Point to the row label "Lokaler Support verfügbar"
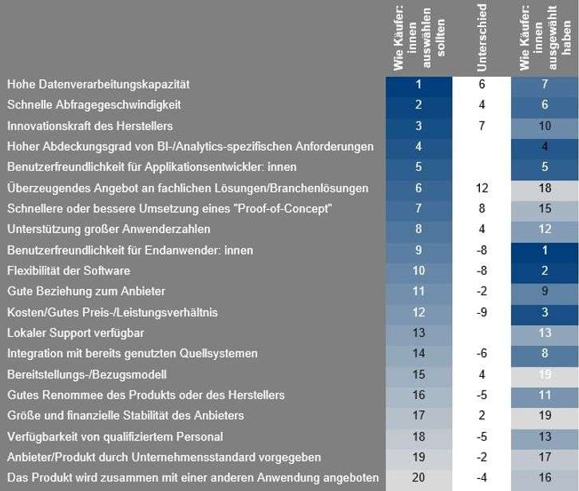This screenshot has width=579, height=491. tap(76, 333)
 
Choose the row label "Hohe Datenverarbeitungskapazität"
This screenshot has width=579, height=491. tap(98, 84)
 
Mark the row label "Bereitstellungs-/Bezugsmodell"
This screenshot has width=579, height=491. tap(89, 374)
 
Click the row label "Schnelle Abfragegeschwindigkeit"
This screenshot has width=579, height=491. tap(94, 105)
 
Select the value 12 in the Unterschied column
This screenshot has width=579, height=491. tap(482, 188)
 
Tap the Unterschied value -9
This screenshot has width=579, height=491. tap(482, 312)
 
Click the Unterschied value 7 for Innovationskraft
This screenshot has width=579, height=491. tap(482, 125)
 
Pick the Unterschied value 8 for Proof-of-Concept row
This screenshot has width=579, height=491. tap(482, 208)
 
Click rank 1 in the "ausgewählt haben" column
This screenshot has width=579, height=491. tap(545, 250)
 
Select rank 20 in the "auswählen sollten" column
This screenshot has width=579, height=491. tap(418, 478)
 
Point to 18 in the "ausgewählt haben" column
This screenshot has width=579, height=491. tap(545, 188)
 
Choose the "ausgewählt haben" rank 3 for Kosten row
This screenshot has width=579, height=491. tap(545, 312)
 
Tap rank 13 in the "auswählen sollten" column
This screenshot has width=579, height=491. tap(418, 333)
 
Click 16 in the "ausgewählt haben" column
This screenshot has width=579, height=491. tap(545, 478)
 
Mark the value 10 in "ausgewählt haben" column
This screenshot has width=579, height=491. tap(545, 125)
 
